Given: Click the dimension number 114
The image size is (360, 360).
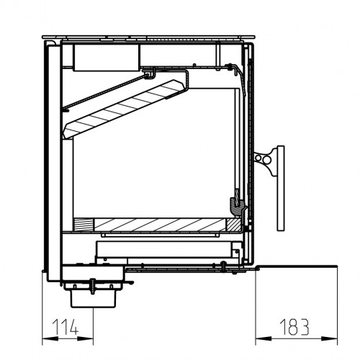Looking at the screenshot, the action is tap(66, 327).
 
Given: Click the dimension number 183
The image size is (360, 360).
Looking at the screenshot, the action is tap(294, 327).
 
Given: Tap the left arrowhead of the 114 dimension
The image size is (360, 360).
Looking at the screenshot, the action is tap(50, 338).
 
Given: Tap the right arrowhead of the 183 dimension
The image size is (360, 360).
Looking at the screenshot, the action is tap(330, 338).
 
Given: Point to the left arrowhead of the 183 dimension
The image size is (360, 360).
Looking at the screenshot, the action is tap(264, 338).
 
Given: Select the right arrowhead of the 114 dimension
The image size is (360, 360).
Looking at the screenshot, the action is tap(86, 338).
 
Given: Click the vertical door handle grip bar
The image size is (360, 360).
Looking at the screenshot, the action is tap(281, 188).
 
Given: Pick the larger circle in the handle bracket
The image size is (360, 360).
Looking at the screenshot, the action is tap(266, 160).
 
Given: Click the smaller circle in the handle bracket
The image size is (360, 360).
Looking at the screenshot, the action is tap(258, 158).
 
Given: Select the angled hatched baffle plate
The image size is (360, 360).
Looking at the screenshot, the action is tap(123, 109).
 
